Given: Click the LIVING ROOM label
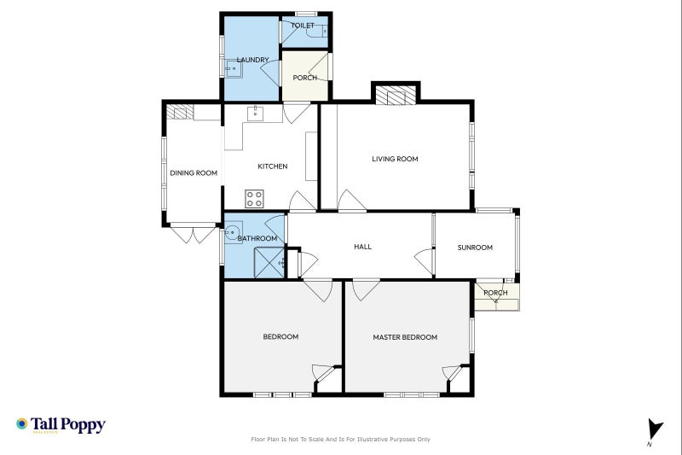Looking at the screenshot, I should (x=395, y=159).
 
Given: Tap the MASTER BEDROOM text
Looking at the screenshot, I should (x=405, y=337).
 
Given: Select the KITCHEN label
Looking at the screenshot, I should (x=272, y=166).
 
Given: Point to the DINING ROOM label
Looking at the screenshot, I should (x=194, y=173).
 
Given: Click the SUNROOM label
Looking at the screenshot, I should (x=475, y=248).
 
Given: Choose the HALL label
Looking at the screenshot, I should (x=362, y=247).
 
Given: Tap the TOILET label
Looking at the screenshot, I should (x=302, y=26).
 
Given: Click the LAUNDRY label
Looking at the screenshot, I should (x=253, y=60).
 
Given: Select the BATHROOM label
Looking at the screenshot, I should (x=257, y=238).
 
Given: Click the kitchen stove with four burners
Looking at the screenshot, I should (x=255, y=199).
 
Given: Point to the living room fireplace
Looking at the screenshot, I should (x=395, y=95).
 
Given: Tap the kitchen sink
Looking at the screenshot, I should (x=254, y=113).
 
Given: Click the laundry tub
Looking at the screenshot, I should (x=232, y=71).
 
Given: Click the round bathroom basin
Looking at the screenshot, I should (x=233, y=231).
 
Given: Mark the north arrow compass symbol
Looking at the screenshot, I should (x=654, y=431).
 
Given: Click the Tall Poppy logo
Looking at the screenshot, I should (x=61, y=424).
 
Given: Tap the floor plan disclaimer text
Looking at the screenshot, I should (x=340, y=440).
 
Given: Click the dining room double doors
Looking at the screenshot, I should (x=192, y=233).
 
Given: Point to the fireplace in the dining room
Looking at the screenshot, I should (x=179, y=112).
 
